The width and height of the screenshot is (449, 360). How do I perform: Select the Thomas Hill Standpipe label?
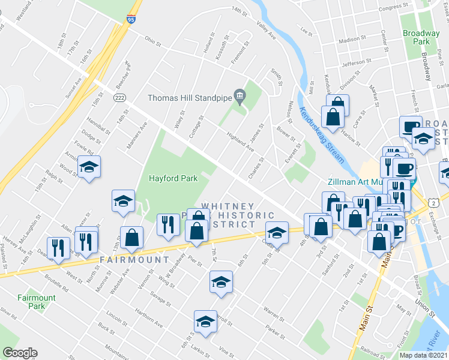(x=190, y=98)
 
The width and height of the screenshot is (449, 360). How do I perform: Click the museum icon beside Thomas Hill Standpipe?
(x=240, y=96)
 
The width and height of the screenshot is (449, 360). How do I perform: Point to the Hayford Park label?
(x=173, y=178)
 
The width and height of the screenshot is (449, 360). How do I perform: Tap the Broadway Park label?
(x=421, y=37)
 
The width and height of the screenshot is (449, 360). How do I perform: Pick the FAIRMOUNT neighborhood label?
(x=134, y=260)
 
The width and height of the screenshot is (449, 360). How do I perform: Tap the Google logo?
(x=20, y=353)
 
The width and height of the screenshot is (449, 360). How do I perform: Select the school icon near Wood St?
(x=89, y=167)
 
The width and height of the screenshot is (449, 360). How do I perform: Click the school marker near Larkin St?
(x=205, y=321)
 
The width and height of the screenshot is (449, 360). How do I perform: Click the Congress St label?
(x=394, y=7)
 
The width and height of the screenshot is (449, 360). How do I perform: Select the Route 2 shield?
(x=432, y=203)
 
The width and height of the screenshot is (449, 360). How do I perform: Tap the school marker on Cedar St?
(x=277, y=232)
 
